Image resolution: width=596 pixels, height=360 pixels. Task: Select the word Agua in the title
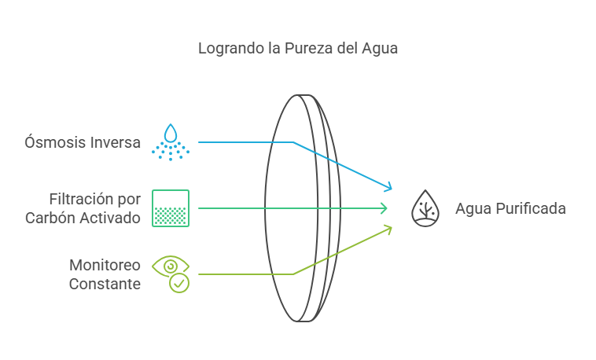380,49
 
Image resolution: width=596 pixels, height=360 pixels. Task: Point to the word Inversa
113,143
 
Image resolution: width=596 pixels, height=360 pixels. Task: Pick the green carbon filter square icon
171,208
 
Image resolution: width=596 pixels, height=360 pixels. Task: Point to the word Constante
105,284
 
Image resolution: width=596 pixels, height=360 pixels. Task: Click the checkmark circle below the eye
180,283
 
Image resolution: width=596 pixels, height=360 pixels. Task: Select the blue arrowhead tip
388,188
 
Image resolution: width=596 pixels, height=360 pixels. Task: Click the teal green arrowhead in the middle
384,208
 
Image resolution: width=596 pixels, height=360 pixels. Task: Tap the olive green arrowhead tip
388,228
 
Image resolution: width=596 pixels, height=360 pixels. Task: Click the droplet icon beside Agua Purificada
425,208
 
